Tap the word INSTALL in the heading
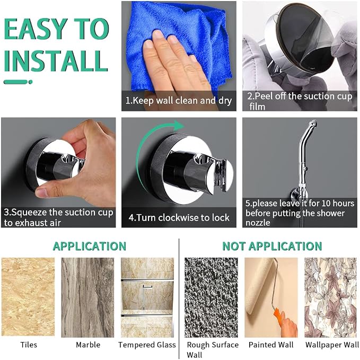[x=56, y=61]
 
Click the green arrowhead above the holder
[x=179, y=126]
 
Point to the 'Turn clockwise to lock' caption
[x=179, y=217]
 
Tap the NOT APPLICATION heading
[x=272, y=246]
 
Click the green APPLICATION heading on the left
[x=89, y=246]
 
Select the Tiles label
[x=29, y=345]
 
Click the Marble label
[x=88, y=345]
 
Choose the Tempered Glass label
[x=147, y=345]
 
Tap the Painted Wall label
[x=271, y=345]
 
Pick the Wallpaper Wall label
[x=332, y=345]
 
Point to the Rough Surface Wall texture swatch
[x=211, y=297]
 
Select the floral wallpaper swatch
[x=331, y=297]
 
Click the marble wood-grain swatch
[x=87, y=297]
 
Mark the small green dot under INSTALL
[x=31, y=82]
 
